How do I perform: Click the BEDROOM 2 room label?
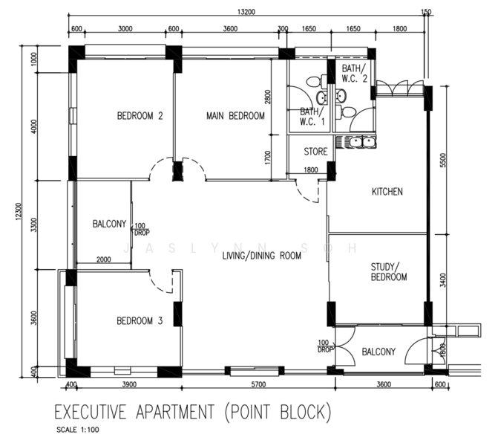click(140, 116)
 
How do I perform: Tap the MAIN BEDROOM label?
click(235, 116)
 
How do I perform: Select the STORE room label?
click(315, 152)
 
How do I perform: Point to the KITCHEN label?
click(387, 191)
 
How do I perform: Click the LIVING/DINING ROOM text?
click(262, 255)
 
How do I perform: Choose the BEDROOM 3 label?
click(140, 320)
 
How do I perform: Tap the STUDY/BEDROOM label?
click(389, 272)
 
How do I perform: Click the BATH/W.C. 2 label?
click(355, 73)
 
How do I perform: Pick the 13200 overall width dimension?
click(246, 12)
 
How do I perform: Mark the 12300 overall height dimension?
click(19, 211)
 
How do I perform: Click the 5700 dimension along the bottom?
click(258, 384)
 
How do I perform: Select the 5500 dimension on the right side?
click(443, 160)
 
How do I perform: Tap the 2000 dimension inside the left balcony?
click(104, 259)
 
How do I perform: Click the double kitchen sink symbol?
click(362, 142)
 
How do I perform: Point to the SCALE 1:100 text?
click(78, 430)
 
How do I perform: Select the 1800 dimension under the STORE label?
click(311, 170)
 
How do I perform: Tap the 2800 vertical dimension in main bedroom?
click(268, 97)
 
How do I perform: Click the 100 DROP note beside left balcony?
click(142, 229)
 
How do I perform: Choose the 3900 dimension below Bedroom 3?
click(129, 384)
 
